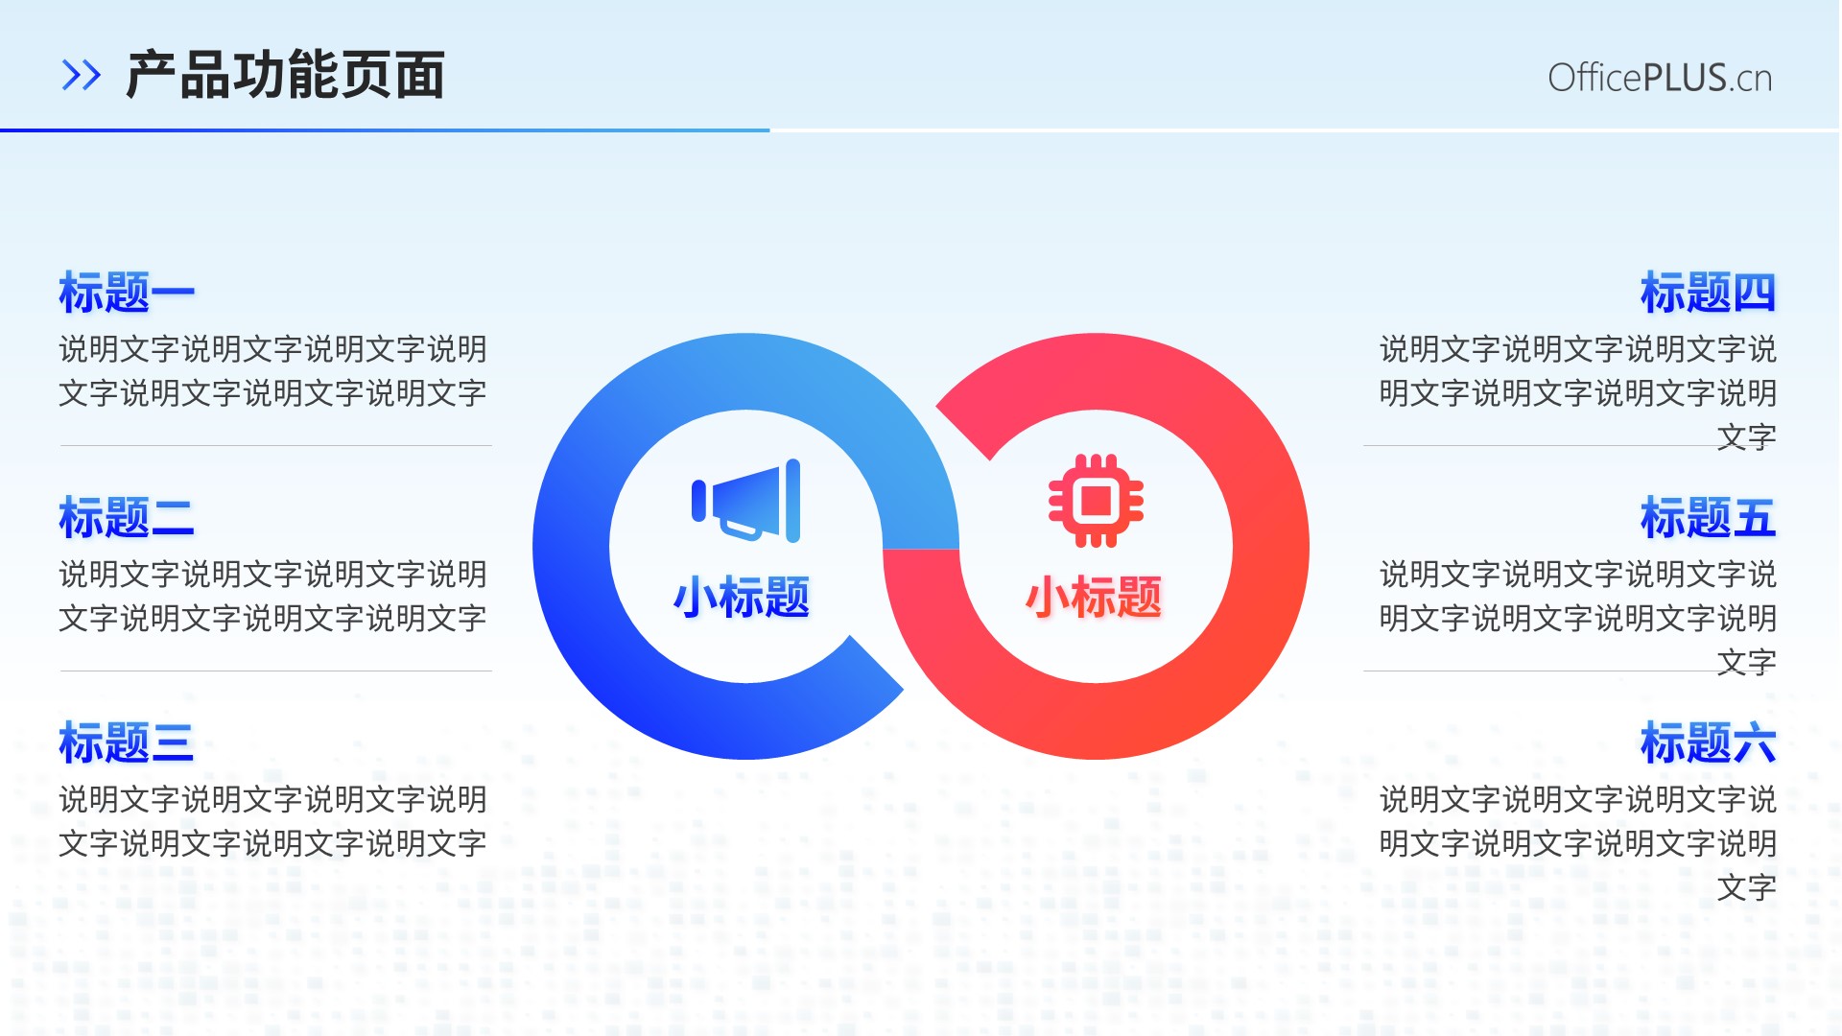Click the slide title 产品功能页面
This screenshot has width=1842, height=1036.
(285, 75)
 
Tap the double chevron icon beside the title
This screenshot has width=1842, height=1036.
(81, 75)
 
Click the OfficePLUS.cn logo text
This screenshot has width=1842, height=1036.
(1660, 78)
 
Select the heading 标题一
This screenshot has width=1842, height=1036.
(127, 293)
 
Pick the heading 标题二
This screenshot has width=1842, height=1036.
(127, 518)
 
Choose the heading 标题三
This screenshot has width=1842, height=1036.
(127, 743)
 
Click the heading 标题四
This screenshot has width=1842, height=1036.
(1708, 293)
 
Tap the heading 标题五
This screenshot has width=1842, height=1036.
(1708, 518)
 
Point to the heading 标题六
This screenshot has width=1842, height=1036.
(1708, 743)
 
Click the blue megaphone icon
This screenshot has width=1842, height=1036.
(746, 501)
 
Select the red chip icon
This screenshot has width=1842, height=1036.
(1096, 501)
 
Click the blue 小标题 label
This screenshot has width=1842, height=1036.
(742, 597)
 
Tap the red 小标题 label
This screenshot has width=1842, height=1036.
(1094, 597)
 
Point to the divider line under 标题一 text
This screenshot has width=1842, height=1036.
(276, 445)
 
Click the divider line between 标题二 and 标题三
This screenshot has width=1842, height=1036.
(276, 671)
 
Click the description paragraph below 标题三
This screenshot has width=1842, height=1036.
(273, 821)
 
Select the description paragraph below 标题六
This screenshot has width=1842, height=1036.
(1578, 843)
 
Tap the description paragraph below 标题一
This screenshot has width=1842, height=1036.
(273, 370)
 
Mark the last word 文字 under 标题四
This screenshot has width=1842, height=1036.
(1747, 436)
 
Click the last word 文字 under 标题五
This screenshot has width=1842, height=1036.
(1747, 662)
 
